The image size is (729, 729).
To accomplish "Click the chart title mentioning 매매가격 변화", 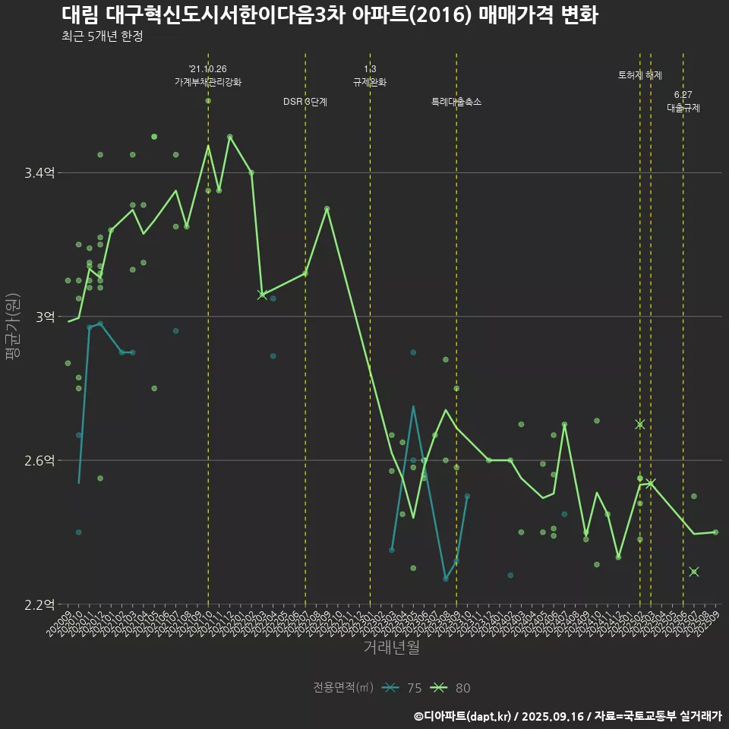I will click(x=329, y=15).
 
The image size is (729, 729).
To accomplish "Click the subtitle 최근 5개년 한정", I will click(x=102, y=36).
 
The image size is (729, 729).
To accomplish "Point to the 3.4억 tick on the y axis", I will click(x=39, y=173).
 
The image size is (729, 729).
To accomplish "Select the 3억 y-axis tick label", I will click(x=45, y=317).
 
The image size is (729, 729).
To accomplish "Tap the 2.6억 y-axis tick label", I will click(x=39, y=460).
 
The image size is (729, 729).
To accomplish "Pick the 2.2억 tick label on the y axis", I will click(x=39, y=604).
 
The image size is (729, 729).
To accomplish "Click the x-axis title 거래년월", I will click(x=391, y=648).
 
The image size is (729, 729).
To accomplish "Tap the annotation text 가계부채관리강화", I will click(x=208, y=82).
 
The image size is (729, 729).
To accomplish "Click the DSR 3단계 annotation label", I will click(x=305, y=102).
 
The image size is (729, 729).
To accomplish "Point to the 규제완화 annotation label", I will click(x=370, y=82).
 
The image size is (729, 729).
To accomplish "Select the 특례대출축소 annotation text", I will click(x=456, y=102).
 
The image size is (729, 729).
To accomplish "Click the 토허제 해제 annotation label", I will click(x=640, y=75).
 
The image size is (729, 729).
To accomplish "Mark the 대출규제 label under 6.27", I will click(x=683, y=108).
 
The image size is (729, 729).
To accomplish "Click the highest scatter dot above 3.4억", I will click(x=208, y=100).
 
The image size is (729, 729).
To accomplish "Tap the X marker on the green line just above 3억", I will click(x=262, y=295).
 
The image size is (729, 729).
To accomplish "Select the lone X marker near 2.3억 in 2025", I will click(x=693, y=572).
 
